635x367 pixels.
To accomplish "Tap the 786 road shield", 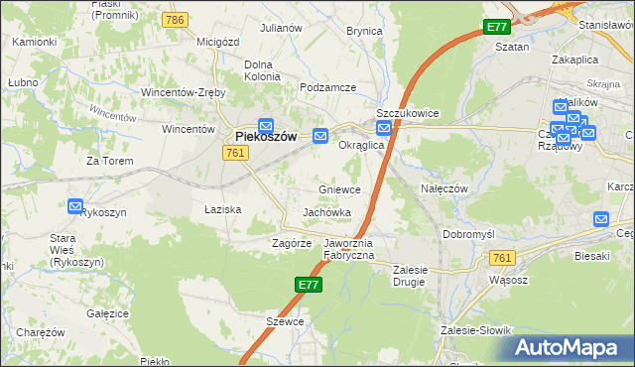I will click(177, 20).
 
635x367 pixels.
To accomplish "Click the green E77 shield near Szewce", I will click(309, 285).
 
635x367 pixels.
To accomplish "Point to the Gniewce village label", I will click(339, 189).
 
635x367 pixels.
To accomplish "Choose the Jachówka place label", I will click(326, 213).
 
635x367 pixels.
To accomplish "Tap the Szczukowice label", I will click(407, 113).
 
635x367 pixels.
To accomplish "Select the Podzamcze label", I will click(327, 88).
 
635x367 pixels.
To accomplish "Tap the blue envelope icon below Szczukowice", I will click(383, 128).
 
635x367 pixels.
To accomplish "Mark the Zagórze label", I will click(293, 243).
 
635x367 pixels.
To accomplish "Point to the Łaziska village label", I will click(223, 210).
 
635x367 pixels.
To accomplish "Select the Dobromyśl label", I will click(468, 235).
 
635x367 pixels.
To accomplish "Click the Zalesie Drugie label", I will click(423, 275).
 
